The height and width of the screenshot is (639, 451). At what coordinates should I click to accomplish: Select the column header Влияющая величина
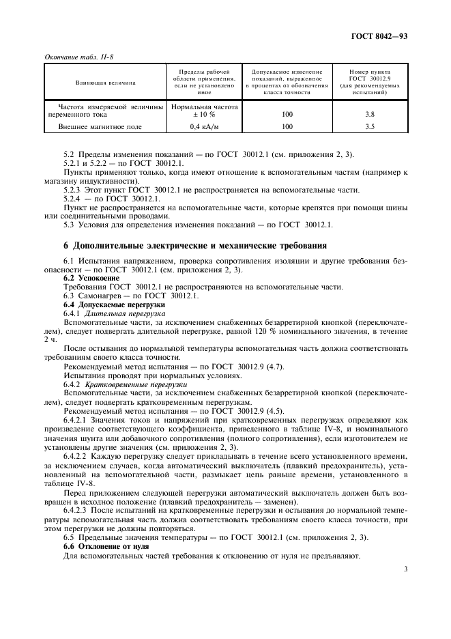[x=106, y=83]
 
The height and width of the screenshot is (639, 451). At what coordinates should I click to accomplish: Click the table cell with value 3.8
[x=370, y=115]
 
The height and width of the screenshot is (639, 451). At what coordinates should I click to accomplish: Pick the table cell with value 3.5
[x=370, y=127]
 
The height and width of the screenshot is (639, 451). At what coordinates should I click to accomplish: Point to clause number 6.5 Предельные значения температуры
[x=69, y=538]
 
